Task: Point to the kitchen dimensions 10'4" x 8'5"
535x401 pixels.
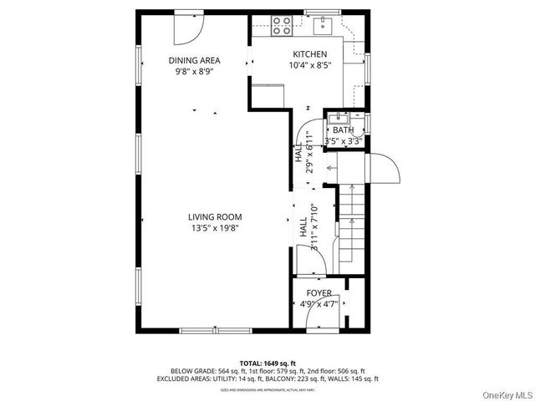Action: point(309,64)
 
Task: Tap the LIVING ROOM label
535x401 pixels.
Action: point(197,216)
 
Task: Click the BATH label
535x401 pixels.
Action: point(343,130)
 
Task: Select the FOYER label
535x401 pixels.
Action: point(318,293)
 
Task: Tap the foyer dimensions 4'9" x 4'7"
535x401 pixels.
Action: point(318,304)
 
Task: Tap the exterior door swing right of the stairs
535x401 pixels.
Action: point(387,170)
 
